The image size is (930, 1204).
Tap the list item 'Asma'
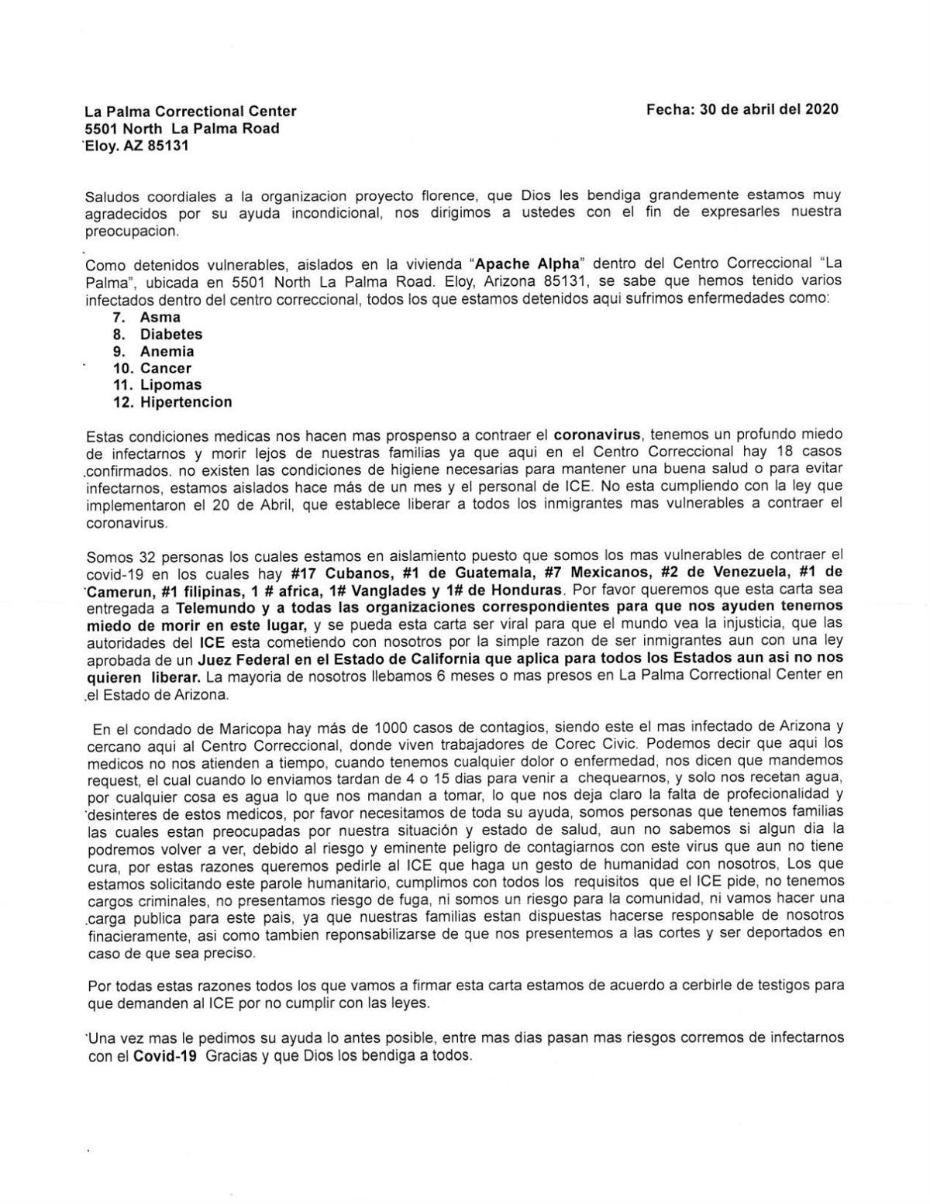[x=160, y=317]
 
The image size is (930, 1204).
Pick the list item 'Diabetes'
[x=170, y=334]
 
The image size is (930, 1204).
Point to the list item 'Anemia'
[x=167, y=351]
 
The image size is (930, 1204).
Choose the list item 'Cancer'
[x=165, y=368]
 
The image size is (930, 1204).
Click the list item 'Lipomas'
[x=170, y=385]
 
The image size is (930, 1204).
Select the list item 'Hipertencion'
[x=185, y=402]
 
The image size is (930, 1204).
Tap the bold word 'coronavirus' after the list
[x=601, y=435]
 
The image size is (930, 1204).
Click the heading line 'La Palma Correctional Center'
[x=190, y=112]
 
